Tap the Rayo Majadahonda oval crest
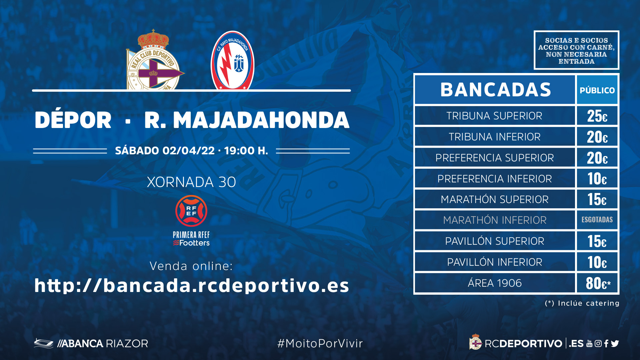(232, 60)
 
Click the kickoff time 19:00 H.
(246, 151)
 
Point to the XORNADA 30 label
(191, 182)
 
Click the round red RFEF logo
(191, 211)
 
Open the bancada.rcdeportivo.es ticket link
(192, 285)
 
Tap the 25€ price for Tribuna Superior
(597, 116)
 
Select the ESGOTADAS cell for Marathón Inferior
(597, 220)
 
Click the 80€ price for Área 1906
(598, 283)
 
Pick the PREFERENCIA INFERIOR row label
(495, 179)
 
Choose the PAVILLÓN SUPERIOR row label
(495, 241)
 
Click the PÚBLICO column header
(597, 90)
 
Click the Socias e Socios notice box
(576, 50)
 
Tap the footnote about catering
(582, 303)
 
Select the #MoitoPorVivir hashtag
(320, 343)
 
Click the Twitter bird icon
(615, 343)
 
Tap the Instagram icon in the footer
(598, 343)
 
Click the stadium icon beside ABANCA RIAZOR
(44, 343)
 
